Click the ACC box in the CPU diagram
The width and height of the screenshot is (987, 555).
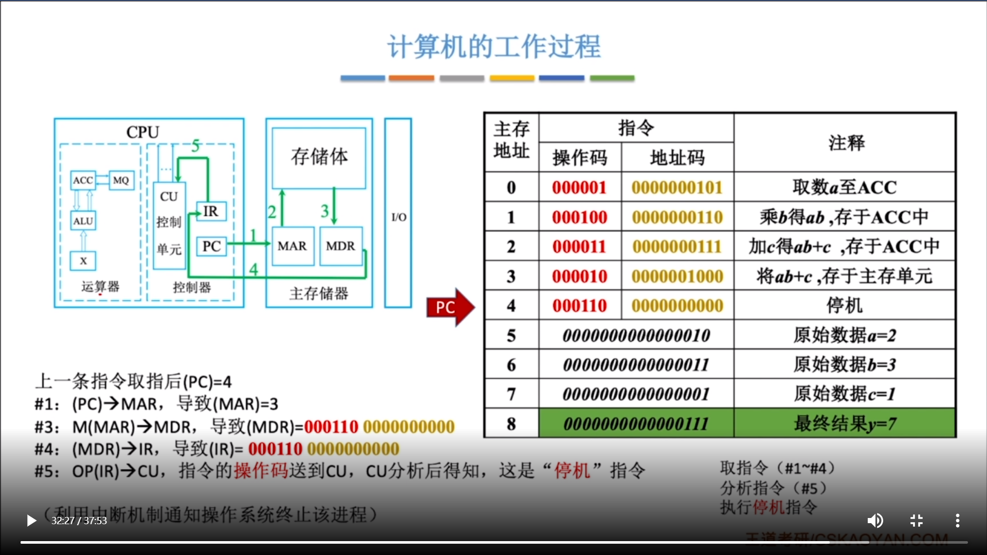[x=83, y=180]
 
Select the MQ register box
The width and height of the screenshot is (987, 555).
[x=121, y=180]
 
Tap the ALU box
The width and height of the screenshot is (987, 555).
[x=83, y=221]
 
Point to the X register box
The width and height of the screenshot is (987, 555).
[x=83, y=261]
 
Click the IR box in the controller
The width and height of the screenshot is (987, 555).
[x=211, y=211]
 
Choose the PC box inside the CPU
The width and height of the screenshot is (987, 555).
[x=211, y=247]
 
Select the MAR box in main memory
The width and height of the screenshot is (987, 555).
[x=293, y=246]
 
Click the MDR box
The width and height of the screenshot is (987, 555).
[x=340, y=246]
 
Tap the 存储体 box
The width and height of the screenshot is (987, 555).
[x=319, y=157]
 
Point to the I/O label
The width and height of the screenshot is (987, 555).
[x=398, y=217]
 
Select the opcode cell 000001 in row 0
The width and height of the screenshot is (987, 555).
[x=579, y=188]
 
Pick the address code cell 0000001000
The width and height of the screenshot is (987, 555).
[x=677, y=276]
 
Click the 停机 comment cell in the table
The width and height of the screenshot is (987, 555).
[x=844, y=306]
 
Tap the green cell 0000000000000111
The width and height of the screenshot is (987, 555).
[x=636, y=424]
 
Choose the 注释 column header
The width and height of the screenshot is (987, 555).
[x=846, y=142]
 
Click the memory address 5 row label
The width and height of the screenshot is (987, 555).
[x=511, y=336]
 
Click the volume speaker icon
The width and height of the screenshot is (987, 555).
[x=875, y=521]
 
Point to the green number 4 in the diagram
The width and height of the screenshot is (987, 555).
[x=253, y=269]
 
